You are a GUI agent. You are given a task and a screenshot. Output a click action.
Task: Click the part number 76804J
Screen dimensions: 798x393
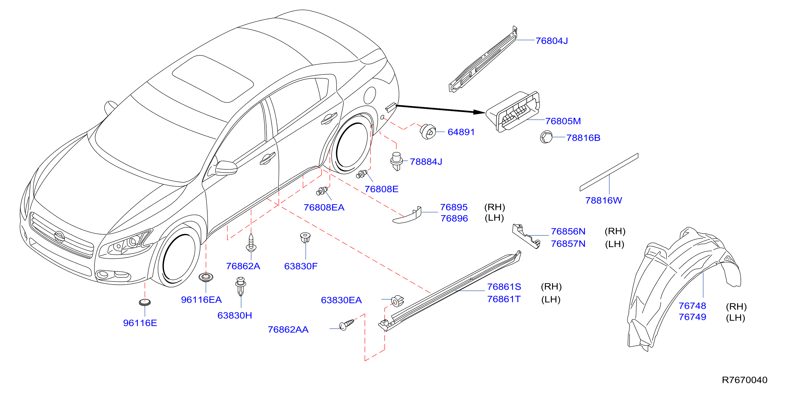pos(552,41)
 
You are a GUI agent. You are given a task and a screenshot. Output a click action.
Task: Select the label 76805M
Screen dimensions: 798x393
pos(563,121)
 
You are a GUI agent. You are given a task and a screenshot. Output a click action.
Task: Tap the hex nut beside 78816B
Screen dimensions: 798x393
pos(546,137)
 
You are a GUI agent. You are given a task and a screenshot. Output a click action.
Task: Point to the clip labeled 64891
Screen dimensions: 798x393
pos(428,132)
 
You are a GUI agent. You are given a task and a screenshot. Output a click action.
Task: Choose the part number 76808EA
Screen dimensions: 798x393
pos(324,207)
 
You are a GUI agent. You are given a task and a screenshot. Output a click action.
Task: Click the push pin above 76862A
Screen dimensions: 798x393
pos(251,243)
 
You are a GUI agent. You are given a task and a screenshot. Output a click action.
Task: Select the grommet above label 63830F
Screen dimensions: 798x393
pos(305,238)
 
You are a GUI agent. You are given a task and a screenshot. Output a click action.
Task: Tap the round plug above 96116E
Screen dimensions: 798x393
pos(145,302)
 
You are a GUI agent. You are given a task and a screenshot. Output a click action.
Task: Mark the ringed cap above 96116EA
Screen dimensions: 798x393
pos(206,277)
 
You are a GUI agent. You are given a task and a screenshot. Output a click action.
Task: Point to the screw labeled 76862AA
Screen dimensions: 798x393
pos(347,324)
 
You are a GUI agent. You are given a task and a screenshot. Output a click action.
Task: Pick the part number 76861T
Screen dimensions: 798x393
pos(504,299)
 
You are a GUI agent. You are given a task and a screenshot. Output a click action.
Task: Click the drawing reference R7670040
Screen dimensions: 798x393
pos(744,380)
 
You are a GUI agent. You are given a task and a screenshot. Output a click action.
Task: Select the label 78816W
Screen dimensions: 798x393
pos(603,200)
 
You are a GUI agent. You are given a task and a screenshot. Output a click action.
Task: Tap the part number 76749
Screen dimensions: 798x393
pos(692,317)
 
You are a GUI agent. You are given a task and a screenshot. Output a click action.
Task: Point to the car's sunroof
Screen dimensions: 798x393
pos(213,79)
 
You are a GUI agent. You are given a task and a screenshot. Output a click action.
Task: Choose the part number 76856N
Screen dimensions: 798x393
pos(568,231)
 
